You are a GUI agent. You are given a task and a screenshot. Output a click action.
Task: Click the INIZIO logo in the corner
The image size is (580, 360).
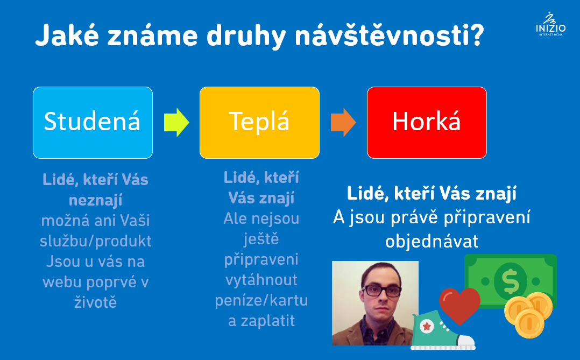[550, 24]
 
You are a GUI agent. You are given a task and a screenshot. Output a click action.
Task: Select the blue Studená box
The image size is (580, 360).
[93, 123]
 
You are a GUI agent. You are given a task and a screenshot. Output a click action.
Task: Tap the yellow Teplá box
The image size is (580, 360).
[259, 123]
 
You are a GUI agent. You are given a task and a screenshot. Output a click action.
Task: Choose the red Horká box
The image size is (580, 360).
[427, 123]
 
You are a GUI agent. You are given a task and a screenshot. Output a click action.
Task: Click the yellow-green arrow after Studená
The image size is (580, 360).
[176, 123]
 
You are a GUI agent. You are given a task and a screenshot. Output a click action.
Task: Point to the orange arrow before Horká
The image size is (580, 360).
[343, 123]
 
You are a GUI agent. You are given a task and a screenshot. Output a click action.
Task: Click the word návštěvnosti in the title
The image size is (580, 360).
[390, 36]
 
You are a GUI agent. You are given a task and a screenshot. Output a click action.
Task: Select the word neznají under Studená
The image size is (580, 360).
[95, 200]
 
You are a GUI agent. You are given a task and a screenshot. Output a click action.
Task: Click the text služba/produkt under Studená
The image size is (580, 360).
[95, 241]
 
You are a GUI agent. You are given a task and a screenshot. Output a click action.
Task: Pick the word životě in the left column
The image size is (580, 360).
[95, 302]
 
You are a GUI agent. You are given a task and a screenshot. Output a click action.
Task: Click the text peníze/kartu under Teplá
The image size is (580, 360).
[261, 300]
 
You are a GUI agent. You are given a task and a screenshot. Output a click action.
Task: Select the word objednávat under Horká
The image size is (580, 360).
[432, 241]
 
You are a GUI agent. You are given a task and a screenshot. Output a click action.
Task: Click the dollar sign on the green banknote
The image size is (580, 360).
[511, 281]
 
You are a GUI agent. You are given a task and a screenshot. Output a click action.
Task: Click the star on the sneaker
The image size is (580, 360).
[427, 326]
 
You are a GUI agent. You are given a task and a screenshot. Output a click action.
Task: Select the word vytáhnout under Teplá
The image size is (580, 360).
[261, 280]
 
